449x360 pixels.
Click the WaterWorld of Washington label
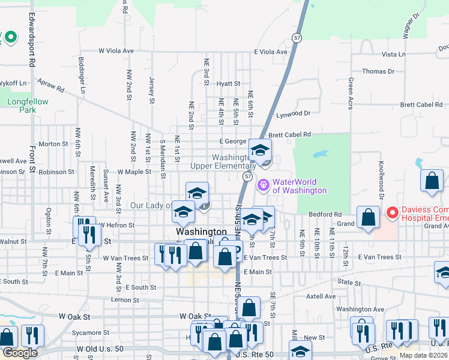coord(300,186)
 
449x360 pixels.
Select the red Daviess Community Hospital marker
coord(392,212)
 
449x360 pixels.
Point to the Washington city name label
coord(201,232)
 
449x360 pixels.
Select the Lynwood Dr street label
coord(293,113)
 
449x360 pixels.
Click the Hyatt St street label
coord(229,84)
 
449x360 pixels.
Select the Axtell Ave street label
coord(321,296)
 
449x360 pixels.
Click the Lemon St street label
coord(125,299)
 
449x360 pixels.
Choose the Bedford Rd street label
coord(325,214)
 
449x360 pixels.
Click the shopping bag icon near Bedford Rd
coord(368,218)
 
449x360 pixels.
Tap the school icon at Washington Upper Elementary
coord(260,150)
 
